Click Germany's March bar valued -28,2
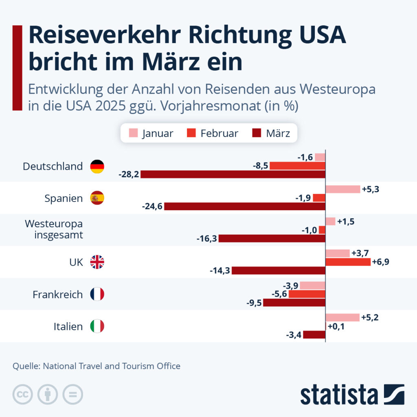click(233, 174)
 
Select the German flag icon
click(97, 166)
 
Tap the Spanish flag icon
click(97, 198)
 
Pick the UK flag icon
click(97, 262)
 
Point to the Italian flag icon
click(97, 326)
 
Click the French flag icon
click(97, 294)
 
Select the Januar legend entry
click(151, 134)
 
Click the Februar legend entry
click(213, 134)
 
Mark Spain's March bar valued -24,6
click(245, 206)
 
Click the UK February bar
click(348, 262)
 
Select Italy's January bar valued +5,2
click(342, 318)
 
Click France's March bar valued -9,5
click(294, 303)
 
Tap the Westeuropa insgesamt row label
click(54, 229)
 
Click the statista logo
click(352, 394)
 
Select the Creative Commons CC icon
click(22, 394)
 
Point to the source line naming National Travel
click(96, 366)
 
